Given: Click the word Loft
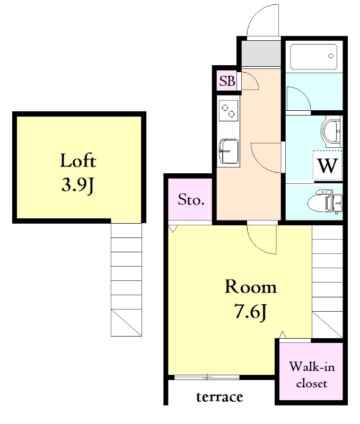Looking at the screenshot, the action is tap(78, 161).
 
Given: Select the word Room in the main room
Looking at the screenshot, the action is tap(251, 287).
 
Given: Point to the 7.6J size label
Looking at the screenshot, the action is tap(251, 311).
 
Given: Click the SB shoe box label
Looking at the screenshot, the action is tap(227, 81).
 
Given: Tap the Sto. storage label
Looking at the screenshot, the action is tap(191, 200).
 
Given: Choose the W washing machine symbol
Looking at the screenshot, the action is tap(328, 165).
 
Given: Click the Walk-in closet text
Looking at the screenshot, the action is tap(312, 375).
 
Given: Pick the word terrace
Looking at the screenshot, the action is tap(219, 396).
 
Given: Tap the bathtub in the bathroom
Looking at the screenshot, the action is tap(313, 57).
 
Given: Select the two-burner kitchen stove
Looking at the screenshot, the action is tap(229, 111).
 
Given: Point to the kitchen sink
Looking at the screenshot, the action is tap(229, 152).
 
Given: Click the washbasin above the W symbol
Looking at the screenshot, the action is tap(332, 131).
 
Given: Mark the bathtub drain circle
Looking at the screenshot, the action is tap(331, 56).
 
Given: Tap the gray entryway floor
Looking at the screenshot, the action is tap(261, 53).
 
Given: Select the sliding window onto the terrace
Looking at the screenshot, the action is tap(207, 377).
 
